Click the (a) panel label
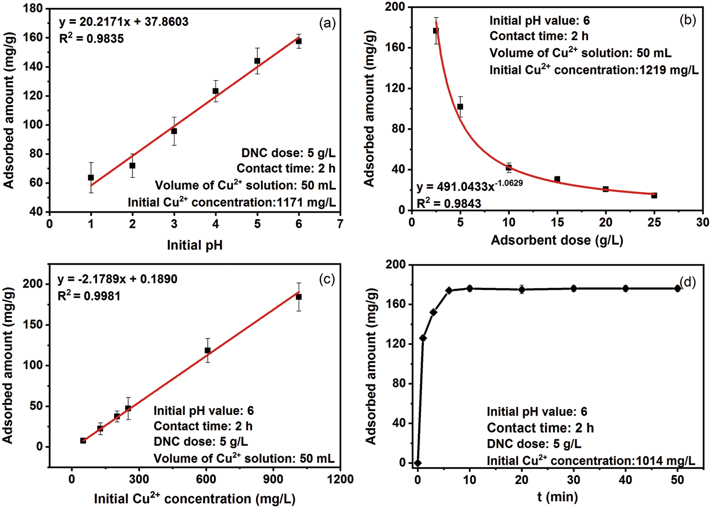pyautogui.click(x=327, y=24)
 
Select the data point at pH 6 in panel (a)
pyautogui.click(x=299, y=41)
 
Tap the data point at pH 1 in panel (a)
pyautogui.click(x=91, y=178)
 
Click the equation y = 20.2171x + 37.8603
pyautogui.click(x=124, y=22)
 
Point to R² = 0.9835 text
pyautogui.click(x=91, y=39)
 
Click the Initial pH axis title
pyautogui.click(x=195, y=245)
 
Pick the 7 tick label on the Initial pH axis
pyautogui.click(x=340, y=224)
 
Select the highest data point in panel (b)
pyautogui.click(x=436, y=31)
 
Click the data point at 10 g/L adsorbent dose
pyautogui.click(x=509, y=167)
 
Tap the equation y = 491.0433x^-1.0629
pyautogui.click(x=470, y=187)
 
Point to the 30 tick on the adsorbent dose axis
pyautogui.click(x=702, y=222)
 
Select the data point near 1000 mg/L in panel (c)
pyautogui.click(x=299, y=297)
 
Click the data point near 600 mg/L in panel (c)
pyautogui.click(x=208, y=350)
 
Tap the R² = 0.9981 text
pyautogui.click(x=89, y=296)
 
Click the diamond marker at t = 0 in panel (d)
pyautogui.click(x=418, y=463)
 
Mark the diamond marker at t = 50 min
pyautogui.click(x=677, y=289)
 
